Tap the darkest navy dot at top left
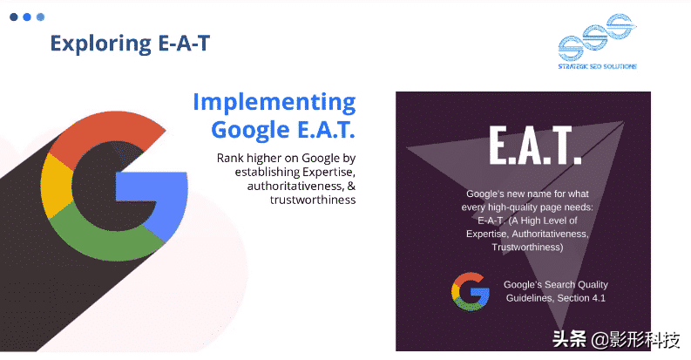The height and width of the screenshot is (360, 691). pos(14,17)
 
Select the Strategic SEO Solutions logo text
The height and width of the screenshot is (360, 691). pos(597,66)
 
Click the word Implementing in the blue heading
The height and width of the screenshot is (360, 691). pos(274,103)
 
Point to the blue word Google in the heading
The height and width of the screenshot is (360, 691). pos(250,131)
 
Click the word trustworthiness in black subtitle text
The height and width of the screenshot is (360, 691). pos(313,200)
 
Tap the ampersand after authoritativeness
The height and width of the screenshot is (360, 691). pos(351,186)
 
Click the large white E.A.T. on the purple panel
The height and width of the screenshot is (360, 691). pos(535,146)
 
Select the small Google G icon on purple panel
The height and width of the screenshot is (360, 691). pos(471,292)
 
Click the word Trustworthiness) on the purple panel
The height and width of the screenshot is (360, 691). pos(527,248)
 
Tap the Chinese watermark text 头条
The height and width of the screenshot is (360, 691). pos(569,339)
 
